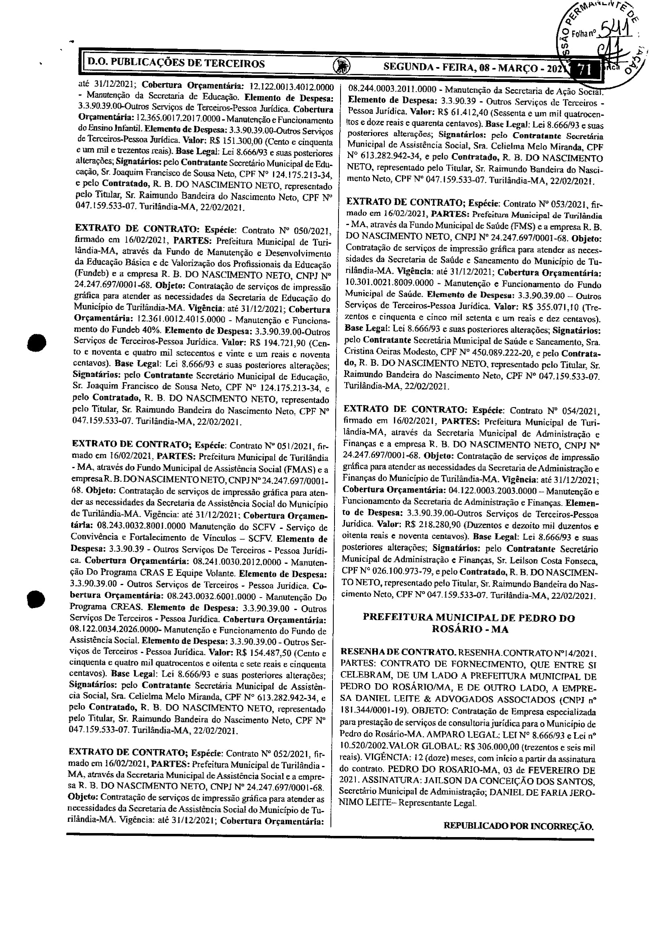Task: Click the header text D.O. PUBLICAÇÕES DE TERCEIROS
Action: click(x=176, y=63)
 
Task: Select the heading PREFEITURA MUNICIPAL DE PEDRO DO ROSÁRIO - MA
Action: click(x=468, y=623)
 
